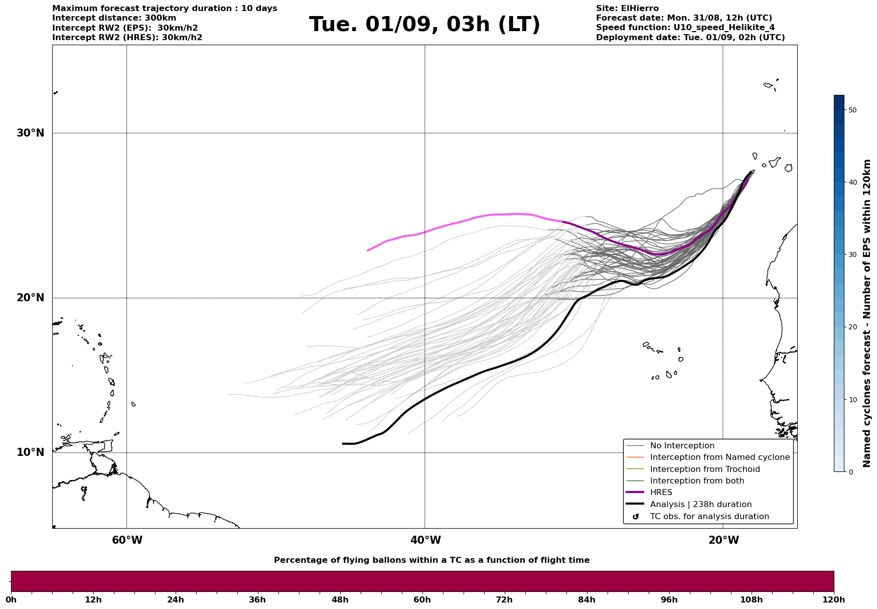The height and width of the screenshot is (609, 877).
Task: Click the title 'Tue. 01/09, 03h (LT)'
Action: point(424,25)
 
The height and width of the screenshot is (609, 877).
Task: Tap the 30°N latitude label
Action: point(30,133)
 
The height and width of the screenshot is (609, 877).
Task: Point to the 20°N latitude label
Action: point(30,298)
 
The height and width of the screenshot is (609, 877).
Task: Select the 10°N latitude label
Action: point(30,452)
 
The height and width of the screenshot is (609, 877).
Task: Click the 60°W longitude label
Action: point(127,540)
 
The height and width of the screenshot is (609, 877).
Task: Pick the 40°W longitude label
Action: point(425,540)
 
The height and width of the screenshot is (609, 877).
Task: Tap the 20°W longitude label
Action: point(723,540)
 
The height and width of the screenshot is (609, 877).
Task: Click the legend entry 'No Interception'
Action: point(682,446)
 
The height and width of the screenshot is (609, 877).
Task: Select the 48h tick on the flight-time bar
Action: point(340,599)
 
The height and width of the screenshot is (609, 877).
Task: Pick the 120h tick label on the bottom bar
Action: point(834,599)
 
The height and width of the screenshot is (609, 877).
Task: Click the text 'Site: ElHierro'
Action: point(627,9)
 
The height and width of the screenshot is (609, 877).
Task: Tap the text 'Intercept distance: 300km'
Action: point(114,18)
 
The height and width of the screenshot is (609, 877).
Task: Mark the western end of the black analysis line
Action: point(343,443)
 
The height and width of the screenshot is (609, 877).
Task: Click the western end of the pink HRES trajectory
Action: point(368,251)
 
